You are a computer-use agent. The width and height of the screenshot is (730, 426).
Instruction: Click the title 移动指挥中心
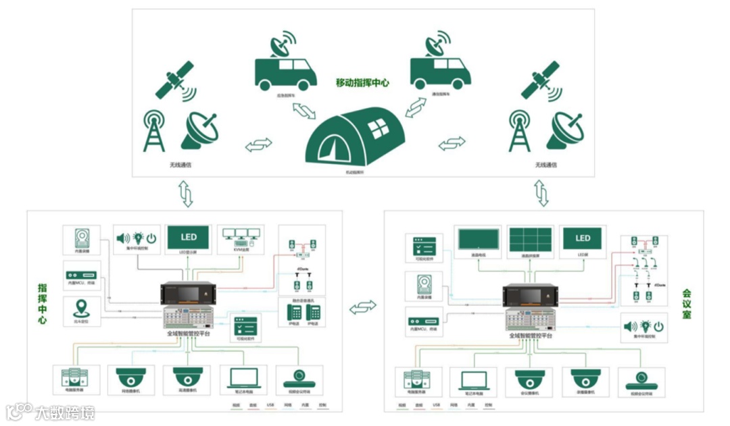coord(362,83)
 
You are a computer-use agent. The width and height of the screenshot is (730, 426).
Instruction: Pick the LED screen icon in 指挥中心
coord(189,238)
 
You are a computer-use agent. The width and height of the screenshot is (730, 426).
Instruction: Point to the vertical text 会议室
coord(687,304)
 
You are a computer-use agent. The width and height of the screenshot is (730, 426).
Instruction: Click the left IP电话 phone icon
coord(295,313)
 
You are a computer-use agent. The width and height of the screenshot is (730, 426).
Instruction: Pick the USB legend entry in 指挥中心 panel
coord(270,405)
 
